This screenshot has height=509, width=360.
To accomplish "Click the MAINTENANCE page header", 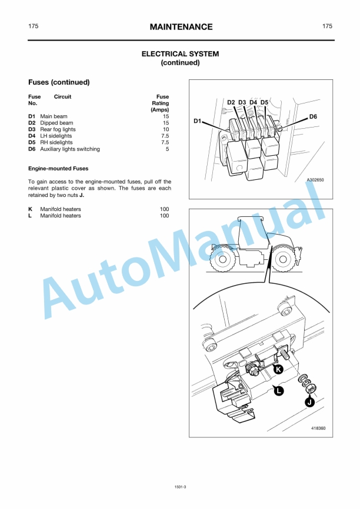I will (181, 27).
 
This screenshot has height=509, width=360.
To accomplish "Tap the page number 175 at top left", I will (34, 26).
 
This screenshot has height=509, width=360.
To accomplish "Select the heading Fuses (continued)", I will (59, 82).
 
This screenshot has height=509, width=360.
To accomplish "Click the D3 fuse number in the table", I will (32, 129).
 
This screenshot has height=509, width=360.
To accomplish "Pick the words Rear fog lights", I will (58, 129).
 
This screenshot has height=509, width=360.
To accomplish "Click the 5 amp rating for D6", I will (167, 149).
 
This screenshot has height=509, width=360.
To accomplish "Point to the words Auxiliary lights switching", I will (69, 149).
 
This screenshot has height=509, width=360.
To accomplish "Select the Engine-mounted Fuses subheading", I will (58, 169).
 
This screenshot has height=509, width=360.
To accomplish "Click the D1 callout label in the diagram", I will (198, 121).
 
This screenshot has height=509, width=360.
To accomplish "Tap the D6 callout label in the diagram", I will (313, 117).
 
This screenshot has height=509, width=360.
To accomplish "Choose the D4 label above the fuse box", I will (253, 102).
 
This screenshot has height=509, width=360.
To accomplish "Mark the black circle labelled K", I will (278, 369).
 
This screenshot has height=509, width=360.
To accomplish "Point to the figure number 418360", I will (318, 428).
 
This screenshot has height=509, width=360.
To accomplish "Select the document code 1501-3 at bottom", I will (181, 487).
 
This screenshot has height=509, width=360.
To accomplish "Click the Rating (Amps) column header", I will (161, 103).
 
